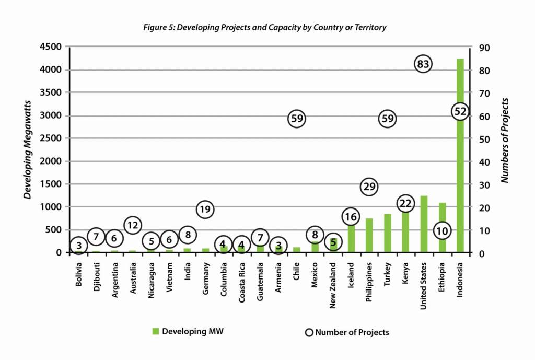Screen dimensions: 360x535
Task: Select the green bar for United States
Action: (424, 224)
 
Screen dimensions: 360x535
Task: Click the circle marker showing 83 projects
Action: (424, 64)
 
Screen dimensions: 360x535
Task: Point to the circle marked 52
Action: (460, 111)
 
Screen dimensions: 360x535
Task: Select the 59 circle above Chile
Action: (296, 119)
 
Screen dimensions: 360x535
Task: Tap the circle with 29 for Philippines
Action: (369, 187)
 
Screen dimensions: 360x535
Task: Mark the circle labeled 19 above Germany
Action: (205, 210)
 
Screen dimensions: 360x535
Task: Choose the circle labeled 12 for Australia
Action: (132, 225)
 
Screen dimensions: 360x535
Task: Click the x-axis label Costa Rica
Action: (241, 283)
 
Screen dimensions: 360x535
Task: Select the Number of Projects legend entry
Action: (347, 332)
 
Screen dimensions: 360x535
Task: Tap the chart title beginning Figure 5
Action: (265, 27)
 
